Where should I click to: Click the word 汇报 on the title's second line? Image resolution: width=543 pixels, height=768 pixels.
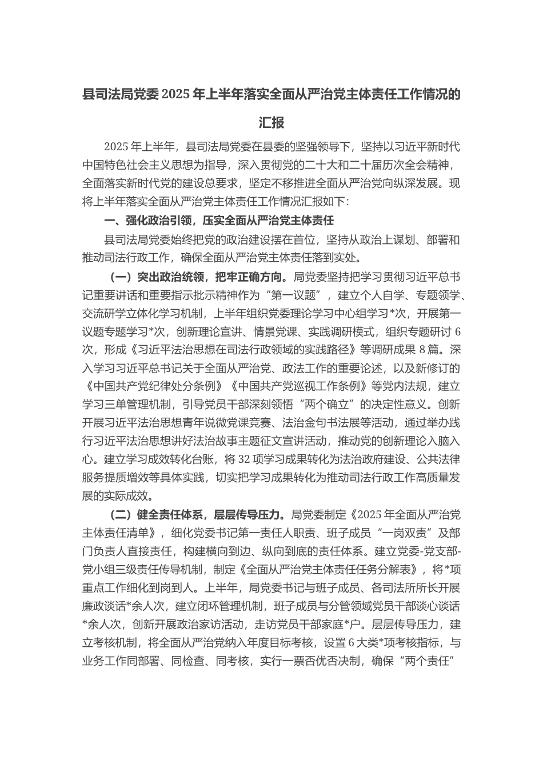[x=271, y=123]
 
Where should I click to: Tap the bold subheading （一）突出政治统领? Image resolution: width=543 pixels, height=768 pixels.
[x=157, y=278]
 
